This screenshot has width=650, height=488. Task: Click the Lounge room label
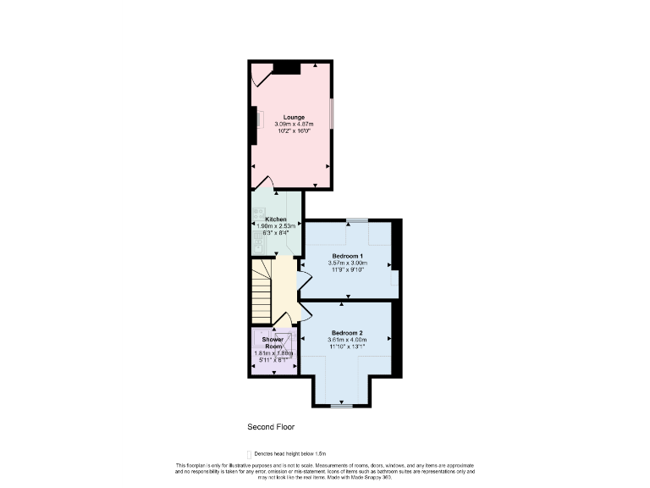tap(294, 117)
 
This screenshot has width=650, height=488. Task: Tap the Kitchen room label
tap(276, 219)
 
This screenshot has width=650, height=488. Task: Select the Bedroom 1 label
tap(347, 256)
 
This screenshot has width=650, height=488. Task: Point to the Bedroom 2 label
tap(347, 332)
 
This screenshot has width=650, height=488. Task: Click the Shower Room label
tap(273, 343)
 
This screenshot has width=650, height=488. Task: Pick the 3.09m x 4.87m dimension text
tap(294, 125)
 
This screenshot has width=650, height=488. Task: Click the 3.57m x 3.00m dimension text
tap(347, 263)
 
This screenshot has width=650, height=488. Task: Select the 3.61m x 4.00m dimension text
tap(347, 340)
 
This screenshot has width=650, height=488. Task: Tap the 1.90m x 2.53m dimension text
tap(276, 226)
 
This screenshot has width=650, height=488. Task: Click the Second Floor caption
tap(270, 427)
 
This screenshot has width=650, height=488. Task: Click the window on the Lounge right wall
tap(332, 114)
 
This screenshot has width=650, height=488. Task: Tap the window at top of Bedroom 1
tap(357, 220)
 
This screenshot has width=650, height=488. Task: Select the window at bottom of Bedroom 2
tap(341, 406)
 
